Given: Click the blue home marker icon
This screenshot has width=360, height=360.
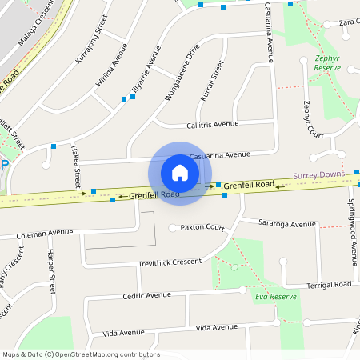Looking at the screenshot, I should point(180,173).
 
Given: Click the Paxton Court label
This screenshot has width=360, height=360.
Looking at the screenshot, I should point(202,227).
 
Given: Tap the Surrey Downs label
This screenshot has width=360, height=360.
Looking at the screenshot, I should point(318,174).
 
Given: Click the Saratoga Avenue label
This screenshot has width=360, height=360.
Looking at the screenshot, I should point(290,224).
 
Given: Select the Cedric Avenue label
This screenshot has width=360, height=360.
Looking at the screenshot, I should point(147,295).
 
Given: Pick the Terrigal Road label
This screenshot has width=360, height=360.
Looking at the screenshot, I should point(329,285).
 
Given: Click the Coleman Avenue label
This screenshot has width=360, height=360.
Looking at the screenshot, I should point(47,234).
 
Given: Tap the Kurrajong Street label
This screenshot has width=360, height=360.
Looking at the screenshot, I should point(90,45).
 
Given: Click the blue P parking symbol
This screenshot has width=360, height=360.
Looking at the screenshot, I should point(4,165).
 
